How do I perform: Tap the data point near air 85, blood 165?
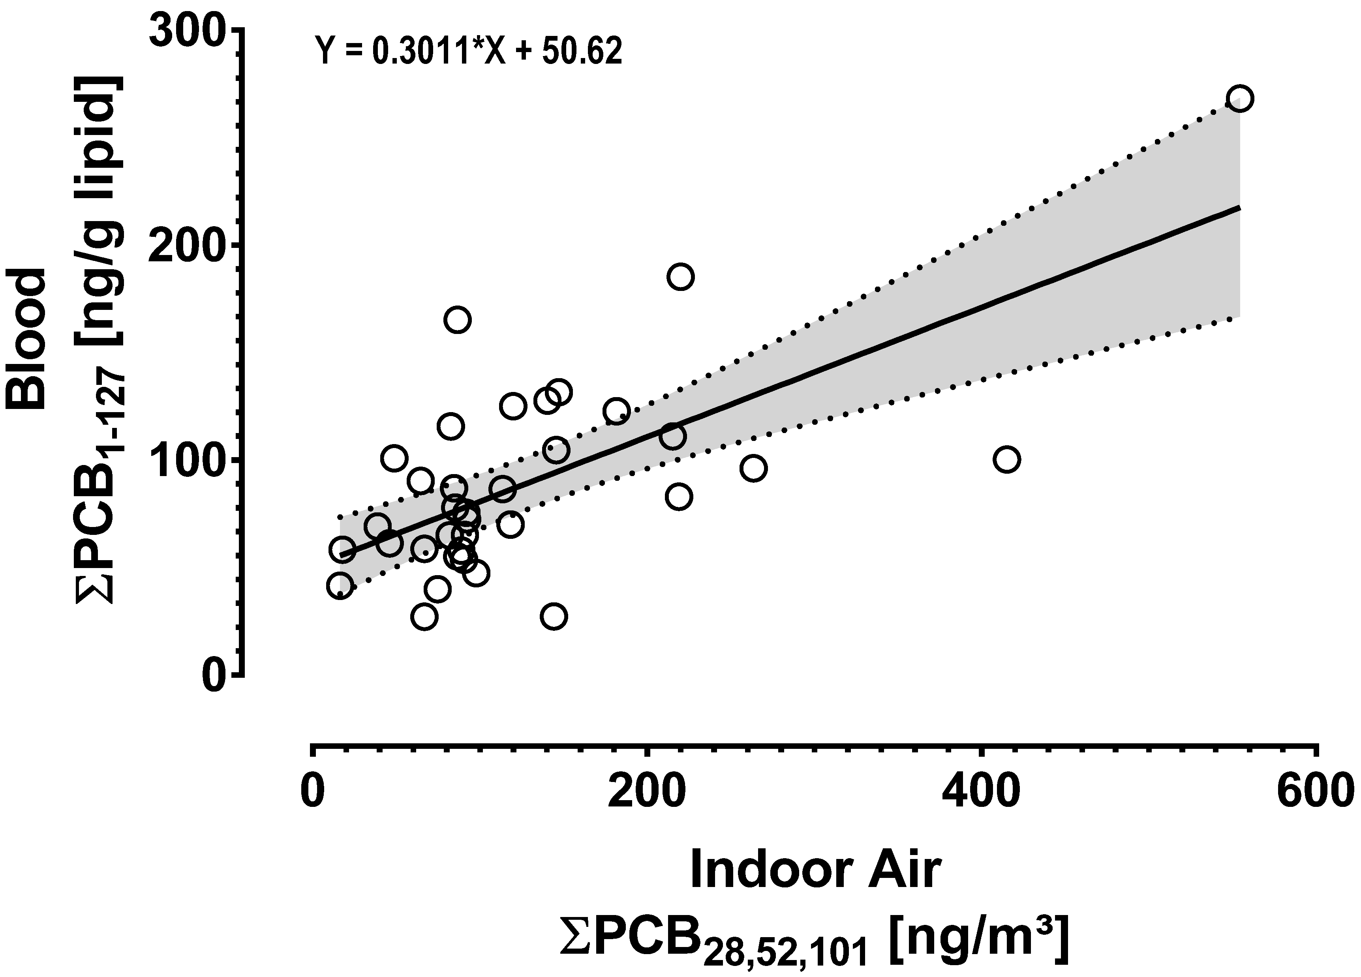coord(457,320)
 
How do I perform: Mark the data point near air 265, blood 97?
coord(753,468)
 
